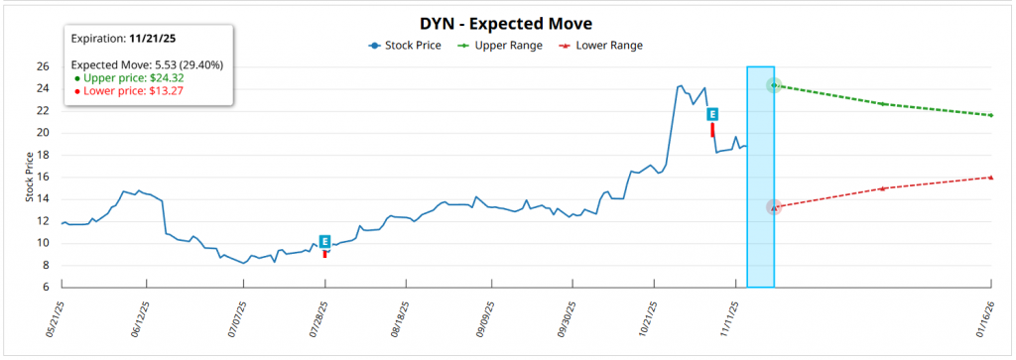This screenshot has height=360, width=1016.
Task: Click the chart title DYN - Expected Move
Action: (x=508, y=22)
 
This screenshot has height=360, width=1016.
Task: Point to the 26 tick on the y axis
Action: (x=43, y=66)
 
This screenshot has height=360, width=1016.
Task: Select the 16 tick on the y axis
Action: (x=43, y=178)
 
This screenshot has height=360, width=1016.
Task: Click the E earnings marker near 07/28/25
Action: (x=324, y=241)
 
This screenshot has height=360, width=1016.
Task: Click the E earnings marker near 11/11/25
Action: (x=712, y=115)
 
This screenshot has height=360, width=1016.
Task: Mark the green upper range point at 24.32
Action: (x=774, y=85)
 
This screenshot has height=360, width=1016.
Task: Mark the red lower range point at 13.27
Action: (x=774, y=207)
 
